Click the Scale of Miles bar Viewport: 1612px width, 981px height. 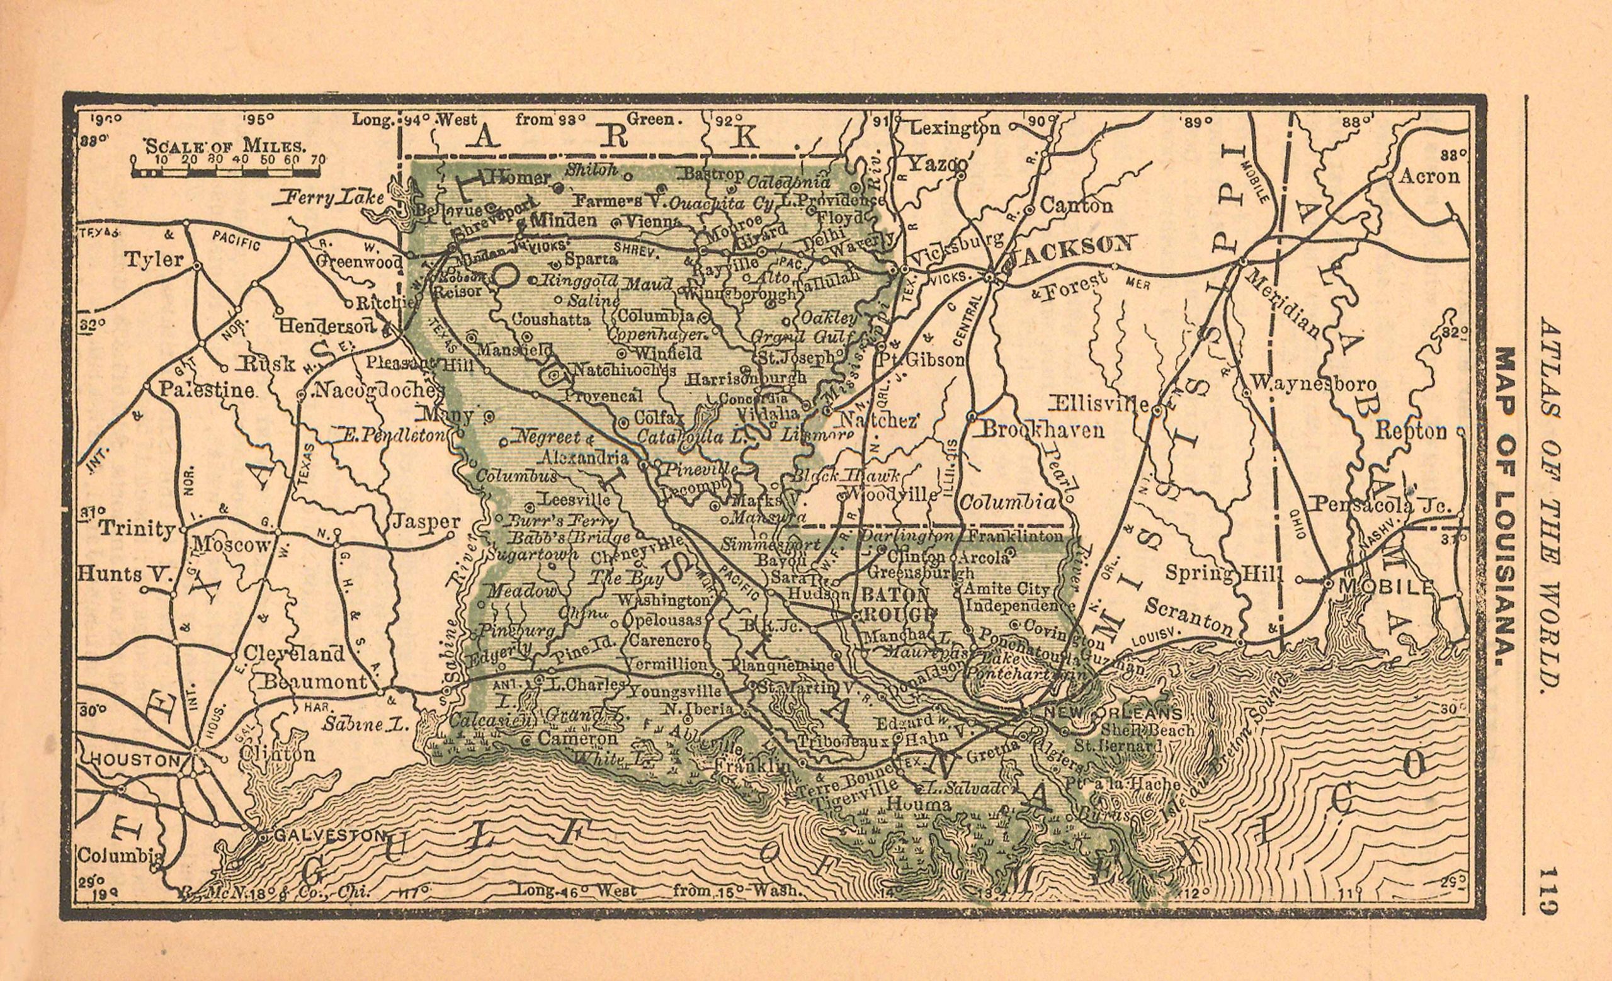tap(225, 173)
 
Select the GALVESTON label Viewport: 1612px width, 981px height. tap(329, 836)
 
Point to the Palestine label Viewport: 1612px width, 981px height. tap(207, 390)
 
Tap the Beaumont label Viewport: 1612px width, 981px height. tap(315, 682)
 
